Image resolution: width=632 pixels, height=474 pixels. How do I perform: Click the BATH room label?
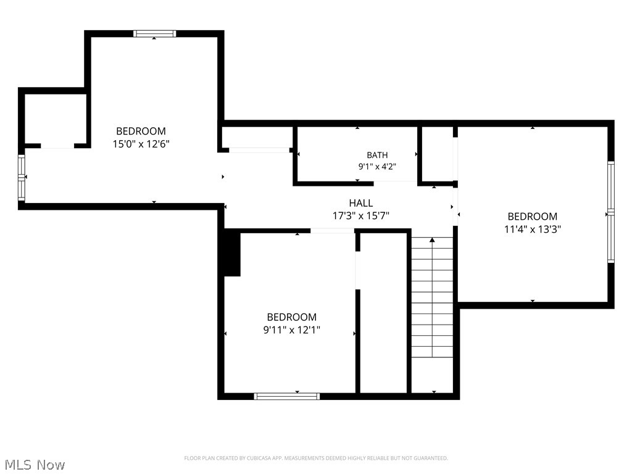pos(377,155)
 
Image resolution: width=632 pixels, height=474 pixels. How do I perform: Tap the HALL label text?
pos(360,202)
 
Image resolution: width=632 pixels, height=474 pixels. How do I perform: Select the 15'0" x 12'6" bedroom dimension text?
pos(141,144)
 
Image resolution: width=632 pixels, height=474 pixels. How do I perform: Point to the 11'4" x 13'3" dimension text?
pos(533,229)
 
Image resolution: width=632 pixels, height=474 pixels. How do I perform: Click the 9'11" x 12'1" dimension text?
pos(291,330)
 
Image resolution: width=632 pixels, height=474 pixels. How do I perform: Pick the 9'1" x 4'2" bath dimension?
pos(377,167)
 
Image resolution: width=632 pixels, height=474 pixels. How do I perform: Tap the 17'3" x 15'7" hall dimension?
pos(360,215)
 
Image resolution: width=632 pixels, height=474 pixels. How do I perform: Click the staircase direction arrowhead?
pos(432,240)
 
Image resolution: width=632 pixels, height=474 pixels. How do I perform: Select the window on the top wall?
pos(155,33)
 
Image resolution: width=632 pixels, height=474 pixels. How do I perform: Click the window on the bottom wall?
pos(286,396)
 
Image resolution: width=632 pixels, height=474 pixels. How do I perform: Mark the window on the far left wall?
pos(22,178)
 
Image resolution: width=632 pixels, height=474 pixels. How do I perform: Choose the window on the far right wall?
pos(611,212)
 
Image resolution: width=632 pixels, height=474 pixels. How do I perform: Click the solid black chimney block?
pos(232,252)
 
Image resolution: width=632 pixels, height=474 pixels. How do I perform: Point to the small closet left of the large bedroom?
pos(55,118)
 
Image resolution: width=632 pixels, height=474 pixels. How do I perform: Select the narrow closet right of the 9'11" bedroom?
pos(383,313)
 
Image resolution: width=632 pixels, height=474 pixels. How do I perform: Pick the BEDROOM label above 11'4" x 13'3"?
pos(533,217)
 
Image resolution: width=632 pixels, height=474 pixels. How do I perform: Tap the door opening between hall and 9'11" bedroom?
pos(332,231)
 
